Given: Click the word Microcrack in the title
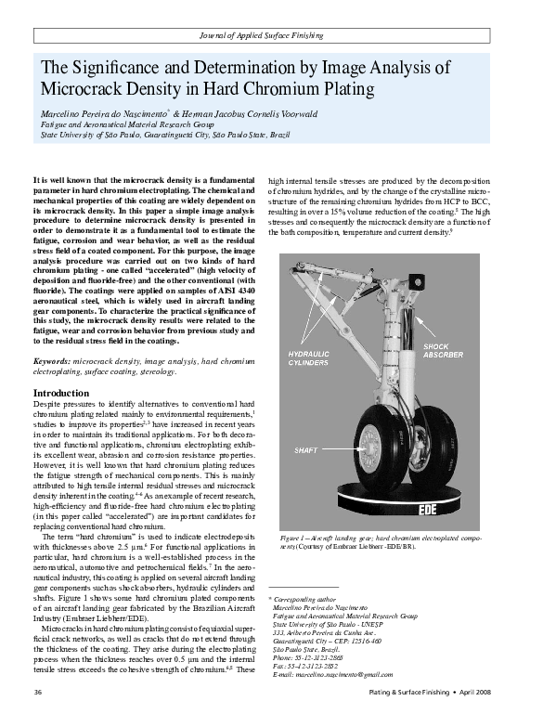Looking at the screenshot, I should (81, 90).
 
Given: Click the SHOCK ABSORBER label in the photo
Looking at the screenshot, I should (446, 351).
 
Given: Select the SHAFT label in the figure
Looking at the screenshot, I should (306, 449).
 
